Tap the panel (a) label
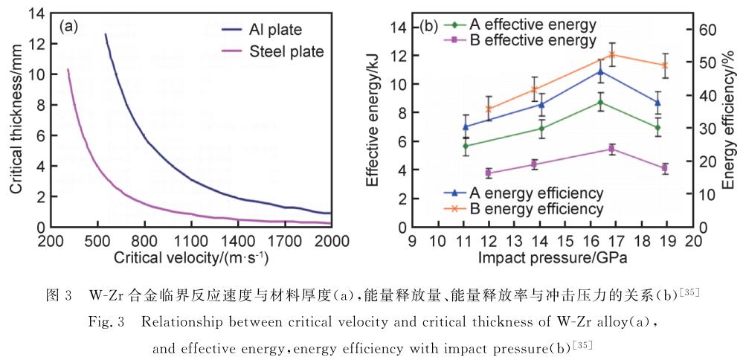68,26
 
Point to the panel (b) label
428,26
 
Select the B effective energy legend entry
521,39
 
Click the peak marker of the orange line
612,55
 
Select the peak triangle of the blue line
601,71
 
